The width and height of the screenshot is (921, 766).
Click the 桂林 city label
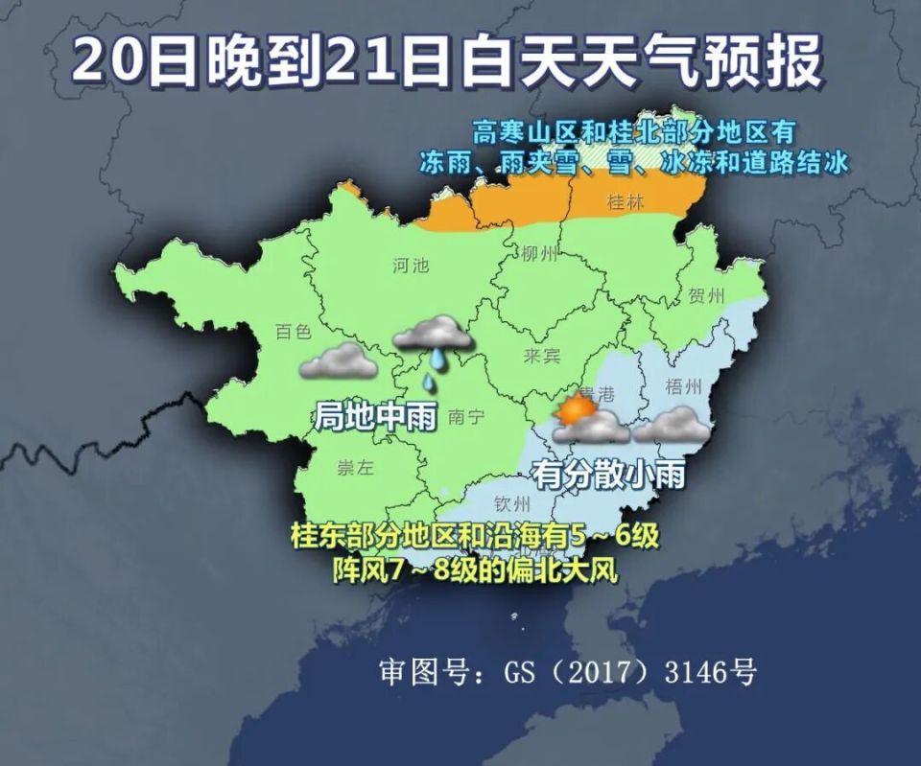coord(626,202)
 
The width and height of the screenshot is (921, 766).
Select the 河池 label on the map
coord(411,266)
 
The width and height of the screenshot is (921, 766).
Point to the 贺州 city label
coord(706,295)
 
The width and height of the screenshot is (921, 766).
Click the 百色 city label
coord(293,332)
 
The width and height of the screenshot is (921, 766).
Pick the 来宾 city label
coord(541,356)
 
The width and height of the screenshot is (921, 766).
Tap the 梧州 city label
coord(683,386)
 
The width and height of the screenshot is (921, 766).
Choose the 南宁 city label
coord(465,416)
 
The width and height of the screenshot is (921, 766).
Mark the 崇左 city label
coord(355,468)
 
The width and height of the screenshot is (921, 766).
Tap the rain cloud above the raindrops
coord(433,333)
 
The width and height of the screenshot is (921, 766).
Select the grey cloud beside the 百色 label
coord(337,361)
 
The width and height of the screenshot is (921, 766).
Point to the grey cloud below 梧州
coord(672,425)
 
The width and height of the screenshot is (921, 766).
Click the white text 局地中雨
coord(375,417)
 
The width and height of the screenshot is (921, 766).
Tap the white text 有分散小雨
coord(608,474)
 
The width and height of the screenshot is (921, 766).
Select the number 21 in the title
coord(350,62)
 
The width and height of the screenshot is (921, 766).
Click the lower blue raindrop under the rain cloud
coord(429,383)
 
